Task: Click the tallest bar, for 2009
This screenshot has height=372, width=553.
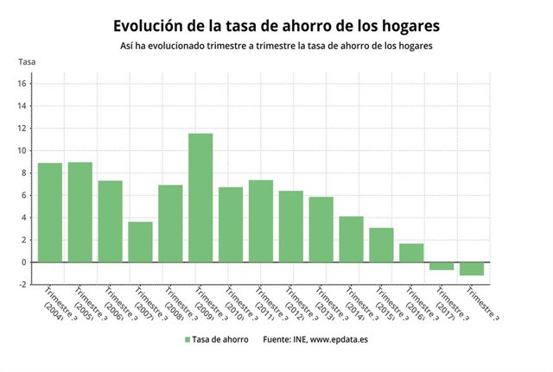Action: pyautogui.click(x=200, y=198)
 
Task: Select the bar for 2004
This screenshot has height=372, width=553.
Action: pyautogui.click(x=50, y=212)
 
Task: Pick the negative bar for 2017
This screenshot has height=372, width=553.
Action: pyautogui.click(x=442, y=266)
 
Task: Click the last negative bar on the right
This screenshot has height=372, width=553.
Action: pyautogui.click(x=472, y=268)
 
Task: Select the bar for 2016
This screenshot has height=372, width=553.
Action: pyautogui.click(x=411, y=252)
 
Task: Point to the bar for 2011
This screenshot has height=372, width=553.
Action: pyautogui.click(x=261, y=221)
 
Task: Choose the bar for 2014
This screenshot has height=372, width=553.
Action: pyautogui.click(x=351, y=239)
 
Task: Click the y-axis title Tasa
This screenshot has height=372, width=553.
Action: pyautogui.click(x=28, y=61)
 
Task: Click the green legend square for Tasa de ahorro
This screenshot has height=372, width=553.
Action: pyautogui.click(x=187, y=340)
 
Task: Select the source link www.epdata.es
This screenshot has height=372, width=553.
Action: pyautogui.click(x=341, y=340)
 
